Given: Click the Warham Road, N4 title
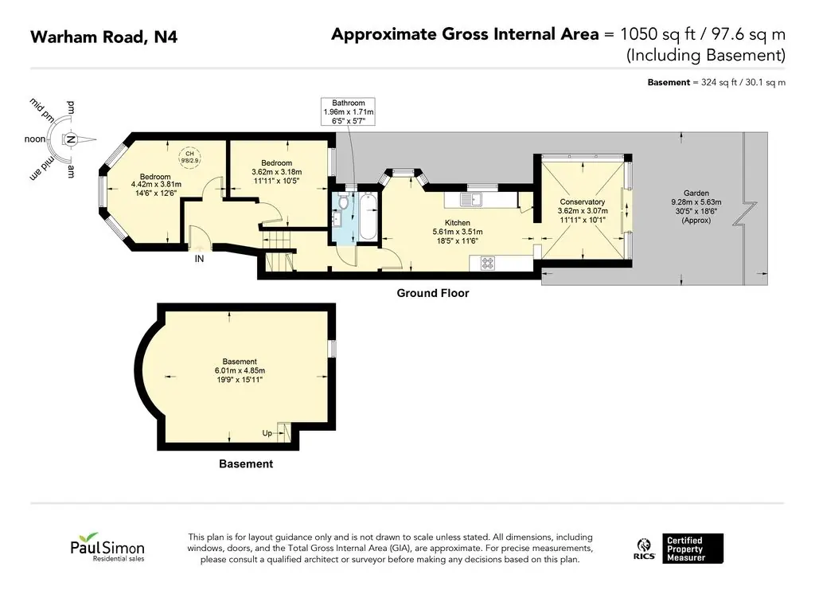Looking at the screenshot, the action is click(104, 37).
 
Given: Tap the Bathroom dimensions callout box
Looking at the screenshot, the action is click(349, 111).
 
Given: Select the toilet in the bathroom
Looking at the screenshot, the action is click(343, 200).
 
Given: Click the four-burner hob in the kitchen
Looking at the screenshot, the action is click(487, 264).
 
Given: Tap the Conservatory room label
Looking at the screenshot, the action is click(582, 201).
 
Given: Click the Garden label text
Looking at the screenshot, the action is click(696, 193).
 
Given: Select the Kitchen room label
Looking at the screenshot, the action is click(458, 223).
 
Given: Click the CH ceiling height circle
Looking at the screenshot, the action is click(189, 157).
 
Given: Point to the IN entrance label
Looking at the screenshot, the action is click(199, 259).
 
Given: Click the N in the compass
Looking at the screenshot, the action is click(71, 139).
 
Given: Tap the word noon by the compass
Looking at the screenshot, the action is click(35, 139).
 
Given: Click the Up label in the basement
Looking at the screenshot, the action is click(267, 432).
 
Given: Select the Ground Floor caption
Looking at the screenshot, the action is click(433, 293).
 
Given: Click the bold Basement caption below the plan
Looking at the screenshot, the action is click(246, 463).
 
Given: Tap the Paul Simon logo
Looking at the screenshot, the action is click(107, 547).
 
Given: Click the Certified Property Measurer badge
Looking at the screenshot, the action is click(692, 549).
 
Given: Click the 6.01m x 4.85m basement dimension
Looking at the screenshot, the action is click(240, 370).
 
